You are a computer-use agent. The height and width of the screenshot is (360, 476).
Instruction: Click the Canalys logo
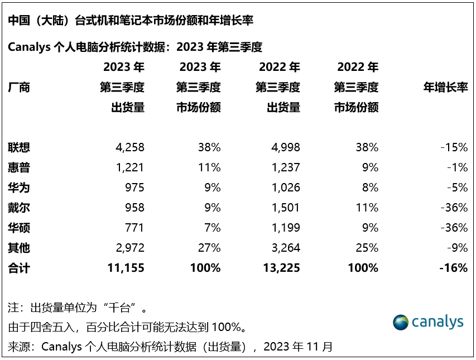[428, 322]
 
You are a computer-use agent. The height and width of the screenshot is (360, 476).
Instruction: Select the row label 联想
[19, 147]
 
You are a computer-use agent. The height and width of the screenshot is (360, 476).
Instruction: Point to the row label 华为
[19, 188]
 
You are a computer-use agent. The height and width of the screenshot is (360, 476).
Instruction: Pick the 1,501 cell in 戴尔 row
[283, 208]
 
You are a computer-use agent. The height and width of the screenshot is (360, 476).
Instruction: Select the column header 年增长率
[445, 87]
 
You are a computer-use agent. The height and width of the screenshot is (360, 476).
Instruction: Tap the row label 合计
[19, 268]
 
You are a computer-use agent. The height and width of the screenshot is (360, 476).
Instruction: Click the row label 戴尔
[19, 208]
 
